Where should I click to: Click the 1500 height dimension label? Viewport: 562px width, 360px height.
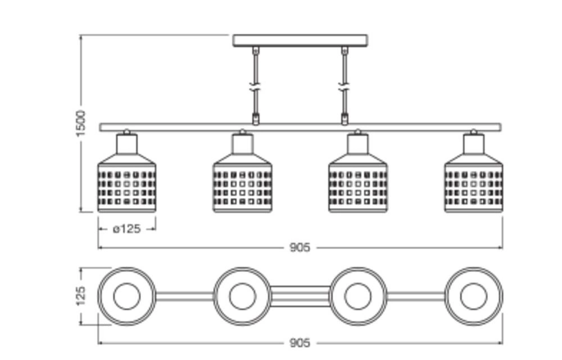81,123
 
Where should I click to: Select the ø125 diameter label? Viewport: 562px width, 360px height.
126,229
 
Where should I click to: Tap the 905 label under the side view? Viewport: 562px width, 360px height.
300,247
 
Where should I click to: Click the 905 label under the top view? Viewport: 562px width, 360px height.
300,343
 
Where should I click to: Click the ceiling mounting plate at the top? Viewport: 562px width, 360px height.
300,40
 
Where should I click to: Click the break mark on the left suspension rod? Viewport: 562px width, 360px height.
256,88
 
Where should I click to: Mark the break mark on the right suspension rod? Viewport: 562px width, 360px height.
345,88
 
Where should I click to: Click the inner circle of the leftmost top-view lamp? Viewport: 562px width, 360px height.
126,296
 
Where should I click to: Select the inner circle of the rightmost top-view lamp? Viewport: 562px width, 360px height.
474,296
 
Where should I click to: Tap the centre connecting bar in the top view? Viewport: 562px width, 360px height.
300,296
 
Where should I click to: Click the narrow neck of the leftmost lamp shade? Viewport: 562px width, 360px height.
126,144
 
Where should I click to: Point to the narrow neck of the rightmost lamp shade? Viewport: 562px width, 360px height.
474,144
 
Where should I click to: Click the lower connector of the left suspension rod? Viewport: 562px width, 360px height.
256,119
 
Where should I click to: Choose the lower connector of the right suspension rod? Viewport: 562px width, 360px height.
345,119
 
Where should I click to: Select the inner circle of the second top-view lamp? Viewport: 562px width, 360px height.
242,296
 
